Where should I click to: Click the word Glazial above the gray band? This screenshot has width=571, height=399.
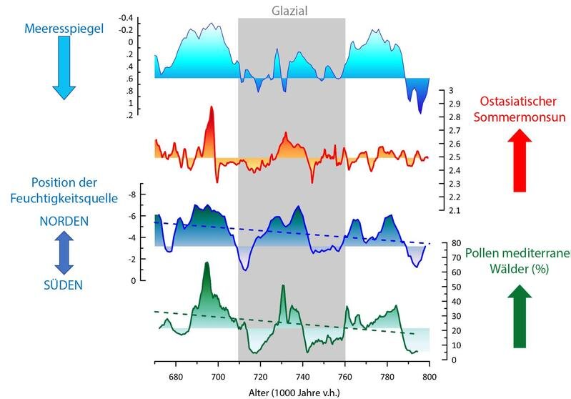point(291,10)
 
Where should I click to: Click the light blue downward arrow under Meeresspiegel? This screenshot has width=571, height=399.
point(63,68)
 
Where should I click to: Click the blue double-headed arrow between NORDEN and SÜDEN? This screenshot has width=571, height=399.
point(64,253)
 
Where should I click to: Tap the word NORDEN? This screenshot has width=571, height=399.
point(64,222)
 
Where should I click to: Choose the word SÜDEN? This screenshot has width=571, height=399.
point(64,285)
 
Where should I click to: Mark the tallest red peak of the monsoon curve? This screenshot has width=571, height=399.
point(212,109)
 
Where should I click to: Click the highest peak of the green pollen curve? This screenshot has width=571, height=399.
point(207,265)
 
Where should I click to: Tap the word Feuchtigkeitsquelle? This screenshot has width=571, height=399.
point(64,199)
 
